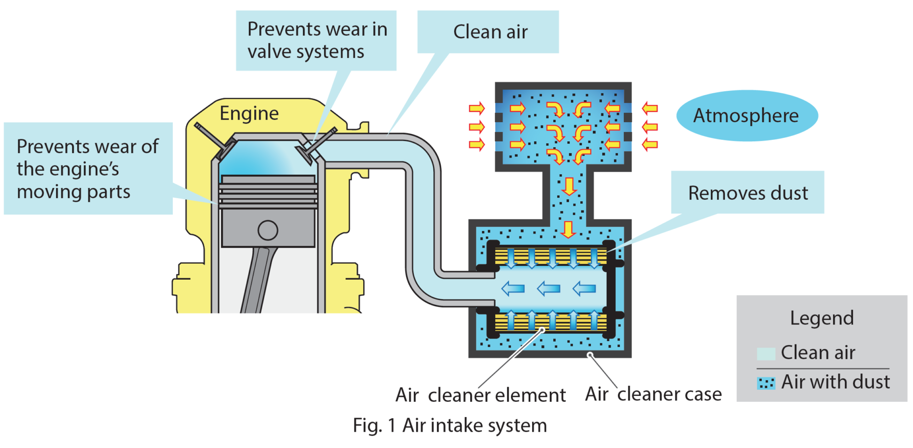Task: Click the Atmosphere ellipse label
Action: point(747,116)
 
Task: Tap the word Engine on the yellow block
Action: point(249,113)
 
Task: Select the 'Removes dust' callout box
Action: point(747,193)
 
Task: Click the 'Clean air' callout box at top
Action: point(488,32)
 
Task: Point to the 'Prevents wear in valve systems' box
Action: point(316,40)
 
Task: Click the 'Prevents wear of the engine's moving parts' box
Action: point(88,168)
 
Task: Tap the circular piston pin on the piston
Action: point(268,230)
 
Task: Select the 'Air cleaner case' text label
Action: point(653,394)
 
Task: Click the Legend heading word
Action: point(821,318)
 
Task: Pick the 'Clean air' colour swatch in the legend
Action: point(765,353)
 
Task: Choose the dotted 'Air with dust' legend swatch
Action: point(765,383)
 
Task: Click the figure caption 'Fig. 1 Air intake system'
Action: point(449,425)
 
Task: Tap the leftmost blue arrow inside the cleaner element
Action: point(513,288)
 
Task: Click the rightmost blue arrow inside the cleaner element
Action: point(584,288)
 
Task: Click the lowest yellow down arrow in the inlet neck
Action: point(568,229)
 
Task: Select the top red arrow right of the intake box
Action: point(649,108)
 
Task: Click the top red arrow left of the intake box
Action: point(476,108)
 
